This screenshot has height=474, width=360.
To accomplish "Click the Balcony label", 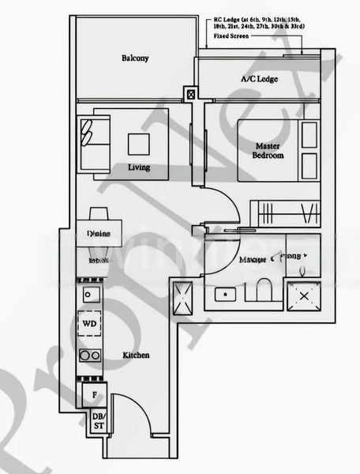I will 135,58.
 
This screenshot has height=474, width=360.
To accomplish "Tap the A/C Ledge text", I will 258,80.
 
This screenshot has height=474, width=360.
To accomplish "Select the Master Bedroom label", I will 268,150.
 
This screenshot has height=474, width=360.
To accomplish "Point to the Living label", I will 138,167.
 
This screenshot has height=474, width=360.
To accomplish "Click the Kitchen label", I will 136,355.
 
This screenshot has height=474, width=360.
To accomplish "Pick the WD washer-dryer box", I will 90,324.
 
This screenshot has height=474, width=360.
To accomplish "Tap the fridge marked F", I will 94,393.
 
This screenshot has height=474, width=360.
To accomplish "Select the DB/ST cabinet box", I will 99,420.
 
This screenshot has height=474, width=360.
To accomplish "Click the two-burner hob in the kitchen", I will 90,355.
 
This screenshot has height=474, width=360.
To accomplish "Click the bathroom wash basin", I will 225,294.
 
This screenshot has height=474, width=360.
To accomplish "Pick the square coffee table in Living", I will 138,143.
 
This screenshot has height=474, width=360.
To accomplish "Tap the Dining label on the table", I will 99,234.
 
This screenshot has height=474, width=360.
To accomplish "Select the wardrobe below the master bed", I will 285,213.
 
